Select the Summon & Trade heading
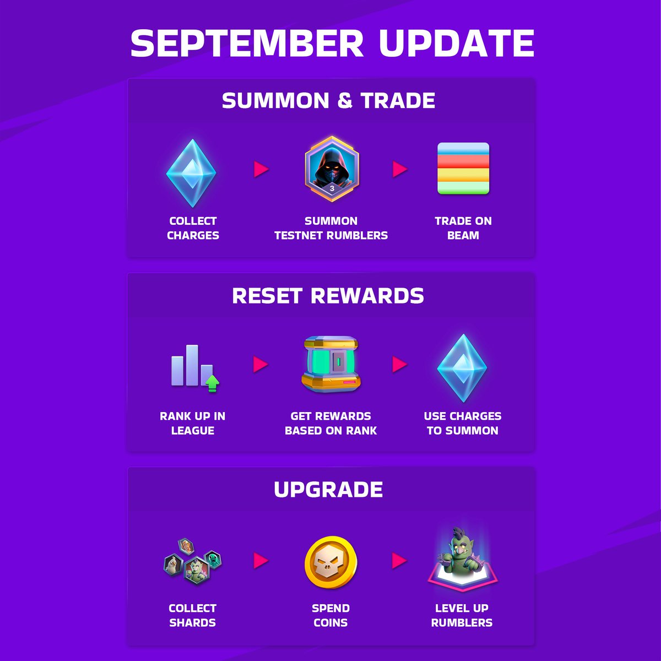tap(329, 101)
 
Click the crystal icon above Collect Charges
tap(191, 173)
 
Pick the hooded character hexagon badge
tap(332, 168)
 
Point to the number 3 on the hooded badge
tap(332, 188)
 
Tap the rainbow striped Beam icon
tap(463, 169)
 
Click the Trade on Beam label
tap(463, 228)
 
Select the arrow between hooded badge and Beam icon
tap(400, 169)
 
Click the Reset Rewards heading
tap(328, 296)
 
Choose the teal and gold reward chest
tap(331, 364)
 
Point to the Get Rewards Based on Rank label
tap(331, 423)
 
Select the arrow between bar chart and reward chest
tap(261, 364)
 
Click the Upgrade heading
tap(328, 490)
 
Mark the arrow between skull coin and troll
tap(400, 561)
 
